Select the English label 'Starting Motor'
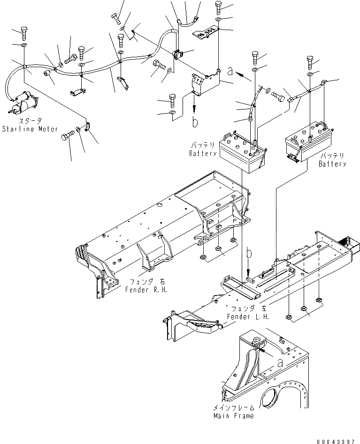pos(30,129)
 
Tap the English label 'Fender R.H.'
pos(146,289)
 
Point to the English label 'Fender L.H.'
pos(248,316)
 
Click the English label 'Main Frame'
pos(233,416)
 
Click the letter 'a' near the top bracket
pos(230,71)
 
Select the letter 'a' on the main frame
pos(280,362)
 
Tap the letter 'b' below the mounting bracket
pos(194,122)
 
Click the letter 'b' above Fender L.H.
pos(250,254)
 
